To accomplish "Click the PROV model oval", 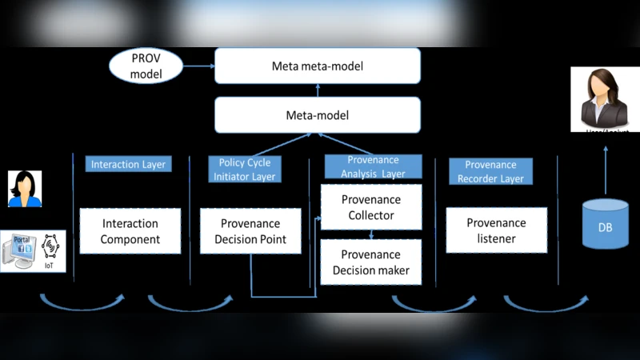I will click(146, 66).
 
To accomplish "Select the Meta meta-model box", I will click(317, 66).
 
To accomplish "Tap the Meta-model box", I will click(317, 115).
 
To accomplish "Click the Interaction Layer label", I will click(128, 164).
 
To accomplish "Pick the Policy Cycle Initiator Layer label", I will click(245, 169).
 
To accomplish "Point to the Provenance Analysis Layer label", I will click(372, 166).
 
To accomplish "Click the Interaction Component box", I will click(130, 231).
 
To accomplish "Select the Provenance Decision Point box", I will click(250, 231).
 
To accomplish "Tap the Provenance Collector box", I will click(371, 207).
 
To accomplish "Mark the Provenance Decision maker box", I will click(371, 262).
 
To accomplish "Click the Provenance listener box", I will click(496, 230).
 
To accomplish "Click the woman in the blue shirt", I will click(25, 189).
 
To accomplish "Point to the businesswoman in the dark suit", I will click(606, 99).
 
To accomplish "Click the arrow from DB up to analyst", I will click(606, 163).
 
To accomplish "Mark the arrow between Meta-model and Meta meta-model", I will click(317, 90).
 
